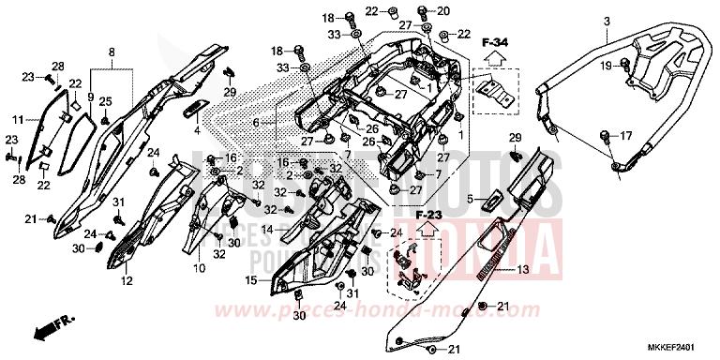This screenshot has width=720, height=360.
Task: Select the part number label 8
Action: (112, 51)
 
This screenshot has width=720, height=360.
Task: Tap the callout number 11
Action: (18, 121)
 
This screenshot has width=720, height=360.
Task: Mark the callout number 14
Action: (268, 230)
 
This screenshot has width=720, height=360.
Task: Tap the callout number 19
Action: (607, 65)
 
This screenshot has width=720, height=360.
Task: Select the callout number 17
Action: (627, 135)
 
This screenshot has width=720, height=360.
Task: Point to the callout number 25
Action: (106, 100)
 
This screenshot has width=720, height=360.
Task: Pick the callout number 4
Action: (197, 131)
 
